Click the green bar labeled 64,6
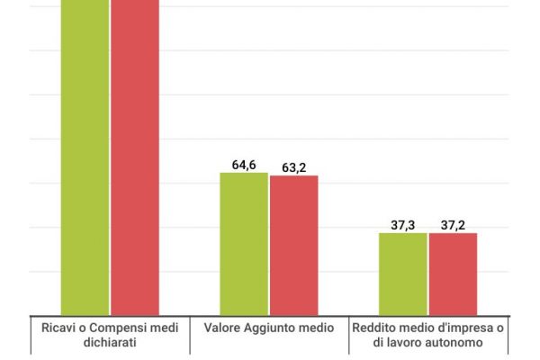click(244, 243)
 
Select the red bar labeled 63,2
click(293, 245)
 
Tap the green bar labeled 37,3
click(402, 274)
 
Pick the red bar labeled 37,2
click(453, 274)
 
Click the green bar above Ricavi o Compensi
click(85, 157)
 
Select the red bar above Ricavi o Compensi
click(135, 157)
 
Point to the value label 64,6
click(244, 165)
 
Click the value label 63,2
click(294, 167)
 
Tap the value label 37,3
click(402, 225)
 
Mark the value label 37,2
click(453, 225)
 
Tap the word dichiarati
click(108, 343)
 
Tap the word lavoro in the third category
click(409, 343)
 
